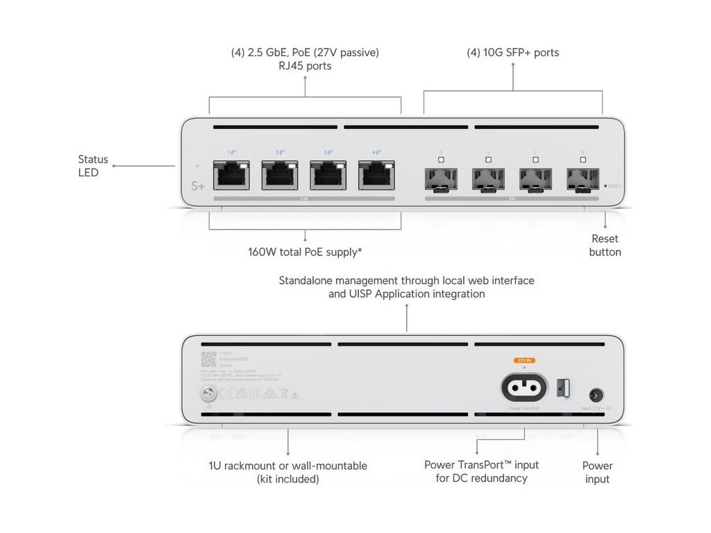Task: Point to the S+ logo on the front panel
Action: point(199,187)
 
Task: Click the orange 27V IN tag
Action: point(524,361)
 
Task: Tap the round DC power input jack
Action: point(595,396)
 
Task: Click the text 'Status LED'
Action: point(93,166)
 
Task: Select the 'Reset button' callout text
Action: point(605,245)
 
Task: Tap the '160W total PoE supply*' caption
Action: point(305,252)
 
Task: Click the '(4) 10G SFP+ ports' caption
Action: point(512,53)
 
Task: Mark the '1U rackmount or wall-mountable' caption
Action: point(287,466)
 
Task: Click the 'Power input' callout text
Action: point(597,472)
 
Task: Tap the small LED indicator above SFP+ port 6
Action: point(488,160)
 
